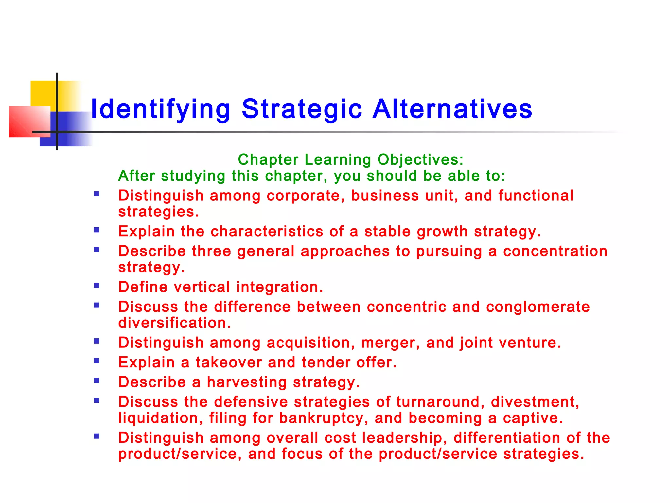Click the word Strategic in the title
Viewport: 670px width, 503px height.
pyautogui.click(x=302, y=109)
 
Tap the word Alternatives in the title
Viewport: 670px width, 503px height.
pyautogui.click(x=452, y=109)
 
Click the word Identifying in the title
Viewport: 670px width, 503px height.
pyautogui.click(x=160, y=109)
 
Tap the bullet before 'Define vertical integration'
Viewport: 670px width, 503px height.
pyautogui.click(x=97, y=286)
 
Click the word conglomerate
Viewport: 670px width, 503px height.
pyautogui.click(x=538, y=307)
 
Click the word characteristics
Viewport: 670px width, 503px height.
pyautogui.click(x=267, y=232)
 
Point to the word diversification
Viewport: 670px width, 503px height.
pyautogui.click(x=174, y=323)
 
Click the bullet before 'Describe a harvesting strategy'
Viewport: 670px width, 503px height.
pyautogui.click(x=97, y=381)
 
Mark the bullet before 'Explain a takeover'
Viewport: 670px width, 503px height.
pyautogui.click(x=97, y=361)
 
